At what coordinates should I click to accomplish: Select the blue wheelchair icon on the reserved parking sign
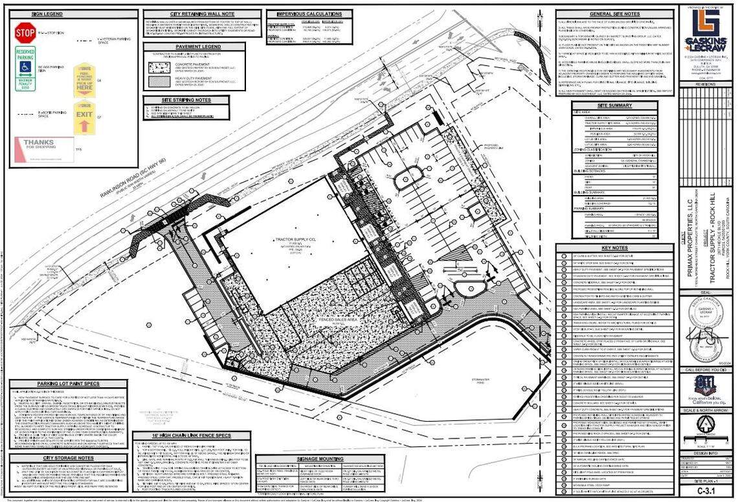tap(25, 66)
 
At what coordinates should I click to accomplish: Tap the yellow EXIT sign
tap(84, 117)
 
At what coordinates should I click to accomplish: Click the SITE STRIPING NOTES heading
tap(186, 100)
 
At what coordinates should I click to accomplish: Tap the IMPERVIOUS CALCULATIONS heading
tap(313, 14)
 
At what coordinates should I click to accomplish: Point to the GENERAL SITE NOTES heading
tap(615, 14)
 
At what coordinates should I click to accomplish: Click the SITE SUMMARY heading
tap(615, 105)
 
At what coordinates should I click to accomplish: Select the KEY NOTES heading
tap(615, 248)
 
